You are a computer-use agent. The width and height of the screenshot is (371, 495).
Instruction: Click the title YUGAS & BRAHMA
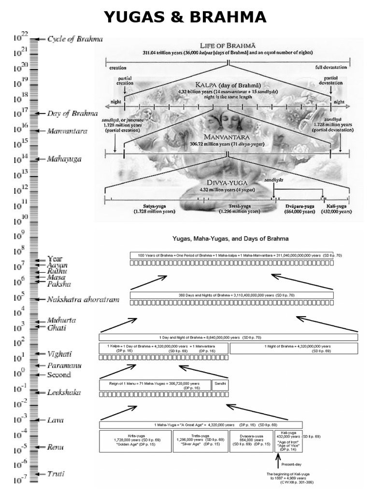click(185, 17)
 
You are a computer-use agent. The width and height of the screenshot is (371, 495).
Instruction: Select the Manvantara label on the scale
click(68, 131)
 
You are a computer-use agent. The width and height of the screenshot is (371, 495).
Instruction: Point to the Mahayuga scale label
click(64, 159)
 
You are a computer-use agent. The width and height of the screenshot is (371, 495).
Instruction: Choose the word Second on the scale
click(59, 375)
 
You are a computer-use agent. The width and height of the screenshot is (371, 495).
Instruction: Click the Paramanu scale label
click(64, 365)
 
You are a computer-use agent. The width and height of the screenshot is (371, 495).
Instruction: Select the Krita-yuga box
click(135, 441)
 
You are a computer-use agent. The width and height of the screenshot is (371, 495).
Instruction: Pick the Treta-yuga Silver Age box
click(200, 441)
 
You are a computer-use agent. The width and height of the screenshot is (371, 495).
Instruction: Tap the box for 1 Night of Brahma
click(293, 349)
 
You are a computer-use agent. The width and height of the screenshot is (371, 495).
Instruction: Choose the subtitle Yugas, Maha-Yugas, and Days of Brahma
click(231, 238)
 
